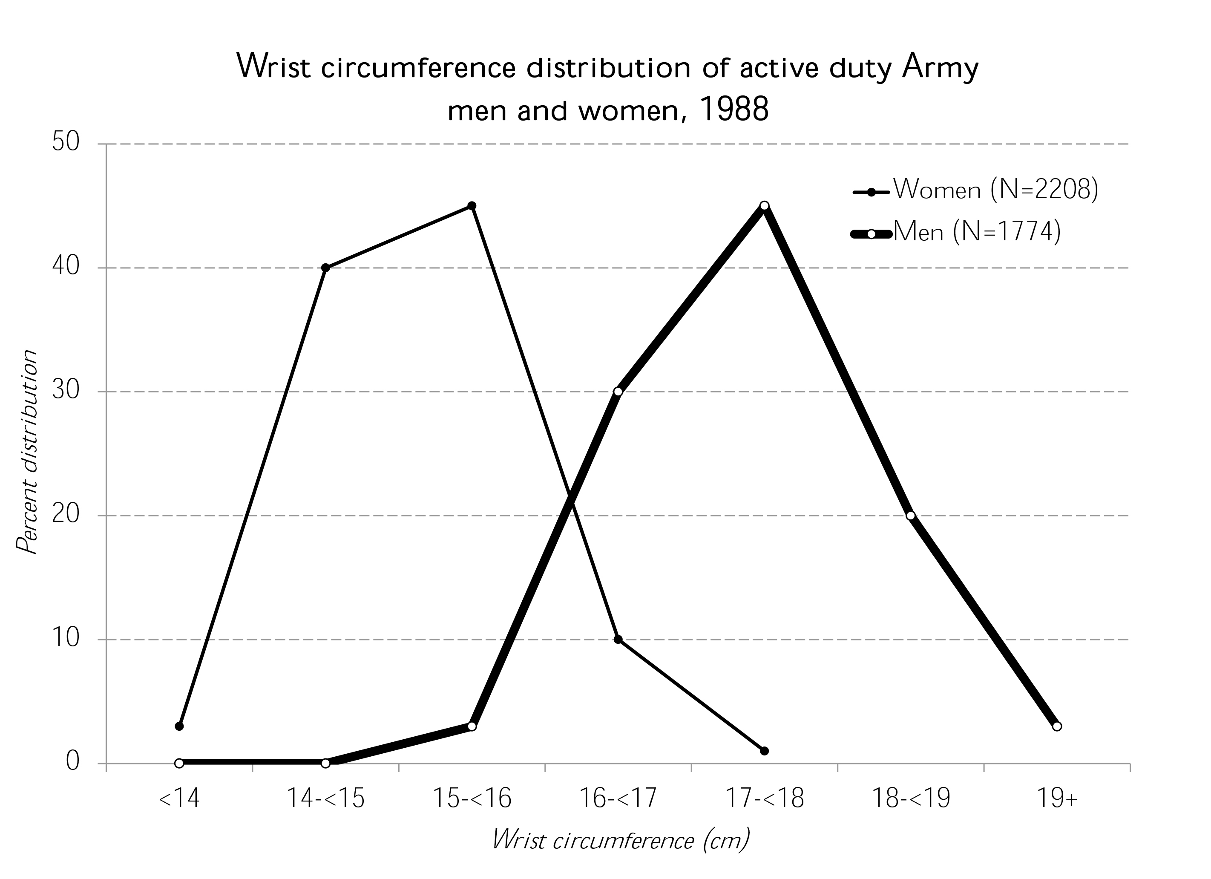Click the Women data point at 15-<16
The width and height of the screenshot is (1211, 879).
pyautogui.click(x=472, y=206)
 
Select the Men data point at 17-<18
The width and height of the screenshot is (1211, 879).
pyautogui.click(x=764, y=206)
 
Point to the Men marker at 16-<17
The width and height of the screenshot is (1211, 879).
pyautogui.click(x=618, y=392)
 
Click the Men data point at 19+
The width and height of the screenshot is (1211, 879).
pyautogui.click(x=1057, y=726)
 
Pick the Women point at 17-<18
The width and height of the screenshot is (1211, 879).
pyautogui.click(x=764, y=751)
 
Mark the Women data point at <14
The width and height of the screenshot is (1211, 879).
pyautogui.click(x=179, y=726)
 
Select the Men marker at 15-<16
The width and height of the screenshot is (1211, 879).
pyautogui.click(x=472, y=726)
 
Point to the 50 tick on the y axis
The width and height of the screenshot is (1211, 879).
pyautogui.click(x=66, y=143)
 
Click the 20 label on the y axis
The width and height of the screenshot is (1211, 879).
pyautogui.click(x=66, y=515)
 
